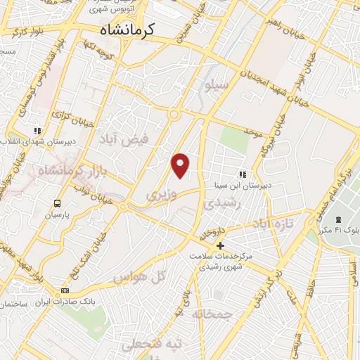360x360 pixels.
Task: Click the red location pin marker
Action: pos(181,165)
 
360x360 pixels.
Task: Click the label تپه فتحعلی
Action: pos(153,344)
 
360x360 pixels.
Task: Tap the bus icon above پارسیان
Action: pos(56,203)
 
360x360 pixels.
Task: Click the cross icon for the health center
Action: pos(221,245)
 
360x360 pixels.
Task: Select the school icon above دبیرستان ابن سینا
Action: pos(243,174)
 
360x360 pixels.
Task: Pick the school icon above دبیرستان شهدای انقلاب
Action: pos(37,131)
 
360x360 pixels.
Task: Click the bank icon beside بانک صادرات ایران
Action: pos(65,290)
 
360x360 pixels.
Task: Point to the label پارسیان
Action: pos(57,215)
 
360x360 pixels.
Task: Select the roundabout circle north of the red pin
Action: pos(174,115)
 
